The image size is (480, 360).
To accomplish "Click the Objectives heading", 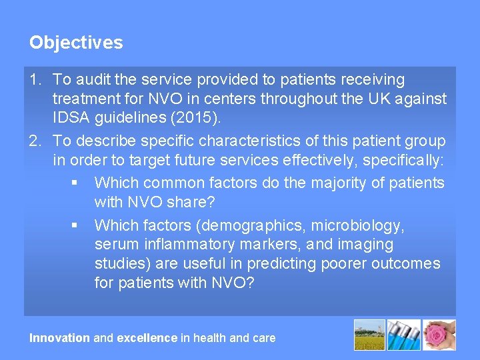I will tap(76, 43).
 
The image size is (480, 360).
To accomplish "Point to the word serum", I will tap(114, 245).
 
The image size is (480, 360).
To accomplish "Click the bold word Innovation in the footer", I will tap(59, 338).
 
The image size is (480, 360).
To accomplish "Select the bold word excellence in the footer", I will tap(147, 338).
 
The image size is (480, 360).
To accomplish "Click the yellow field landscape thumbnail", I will tap(369, 335).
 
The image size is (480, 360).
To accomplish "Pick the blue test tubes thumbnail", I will tap(405, 335).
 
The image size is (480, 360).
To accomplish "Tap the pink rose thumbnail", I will tap(440, 335).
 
